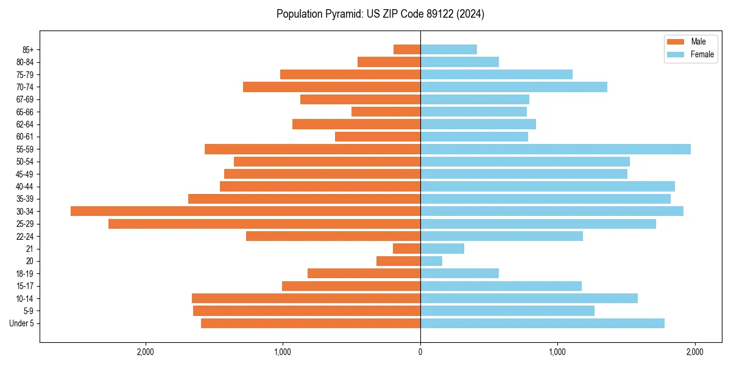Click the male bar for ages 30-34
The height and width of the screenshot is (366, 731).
point(245,211)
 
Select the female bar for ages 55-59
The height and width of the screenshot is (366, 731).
point(556,149)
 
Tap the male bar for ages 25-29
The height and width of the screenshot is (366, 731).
point(264,224)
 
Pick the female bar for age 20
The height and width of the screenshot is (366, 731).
point(431,261)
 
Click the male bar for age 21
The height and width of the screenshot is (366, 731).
point(407,249)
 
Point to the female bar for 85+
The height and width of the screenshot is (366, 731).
point(448,49)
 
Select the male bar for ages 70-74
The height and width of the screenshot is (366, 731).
point(331,87)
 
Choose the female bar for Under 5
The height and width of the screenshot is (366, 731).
point(542,323)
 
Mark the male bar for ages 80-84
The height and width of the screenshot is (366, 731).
point(389,62)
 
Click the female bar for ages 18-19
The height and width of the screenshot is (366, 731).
point(459,273)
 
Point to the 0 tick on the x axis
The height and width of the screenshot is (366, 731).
point(420,352)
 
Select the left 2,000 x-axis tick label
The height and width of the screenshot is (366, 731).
point(145,352)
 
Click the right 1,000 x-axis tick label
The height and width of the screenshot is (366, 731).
point(557,352)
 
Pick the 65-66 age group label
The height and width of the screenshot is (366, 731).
point(25,112)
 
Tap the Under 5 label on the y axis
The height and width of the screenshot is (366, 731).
point(22,323)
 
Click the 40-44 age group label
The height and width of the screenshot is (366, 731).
point(25,187)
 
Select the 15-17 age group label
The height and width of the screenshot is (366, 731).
point(25,286)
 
